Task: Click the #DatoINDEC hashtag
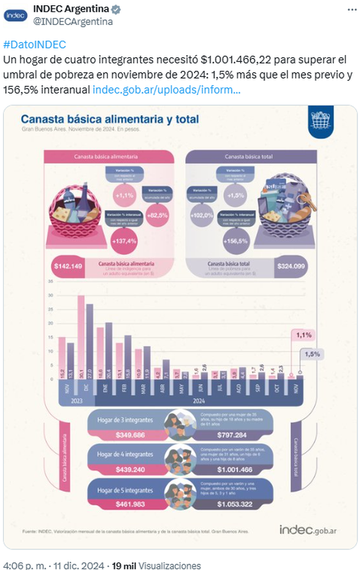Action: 34,45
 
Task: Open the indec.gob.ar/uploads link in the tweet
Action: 166,90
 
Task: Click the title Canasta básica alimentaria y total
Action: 110,119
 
